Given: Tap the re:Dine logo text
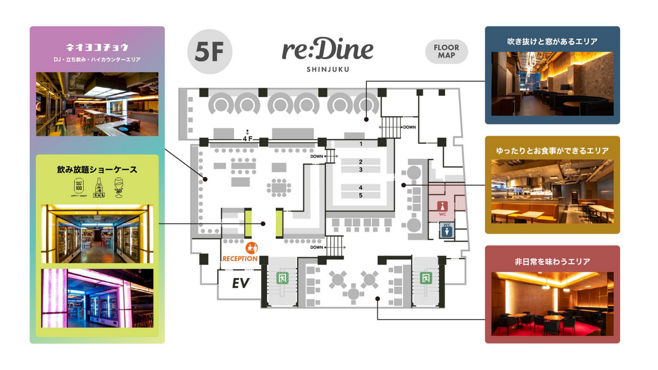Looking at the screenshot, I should click(x=328, y=50).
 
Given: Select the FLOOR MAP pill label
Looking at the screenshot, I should click(x=446, y=52).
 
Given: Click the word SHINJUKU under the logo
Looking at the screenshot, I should click(x=328, y=69).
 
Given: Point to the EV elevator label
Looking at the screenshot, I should click(x=241, y=283).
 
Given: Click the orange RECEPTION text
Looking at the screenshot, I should click(x=240, y=258).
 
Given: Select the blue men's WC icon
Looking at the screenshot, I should click(x=447, y=230).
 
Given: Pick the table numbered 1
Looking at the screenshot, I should click(x=361, y=144).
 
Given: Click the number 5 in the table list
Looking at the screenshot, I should click(x=361, y=195).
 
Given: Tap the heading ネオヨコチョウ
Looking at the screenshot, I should click(x=97, y=47).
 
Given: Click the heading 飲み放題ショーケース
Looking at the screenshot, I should click(x=97, y=170).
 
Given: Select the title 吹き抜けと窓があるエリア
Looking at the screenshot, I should click(x=552, y=41).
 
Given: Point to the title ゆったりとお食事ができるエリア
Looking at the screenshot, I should click(x=552, y=151).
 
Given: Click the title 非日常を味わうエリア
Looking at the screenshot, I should click(x=552, y=261).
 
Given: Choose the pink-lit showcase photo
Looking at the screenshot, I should click(x=97, y=298).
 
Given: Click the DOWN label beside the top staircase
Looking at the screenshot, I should click(x=410, y=127).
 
